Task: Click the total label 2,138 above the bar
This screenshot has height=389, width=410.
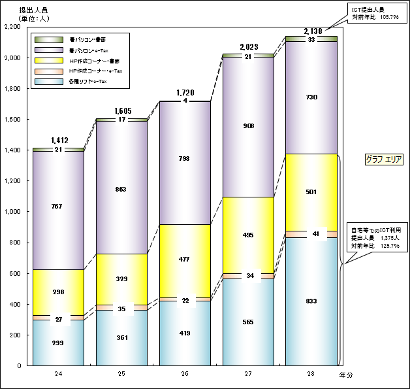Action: coord(311,31)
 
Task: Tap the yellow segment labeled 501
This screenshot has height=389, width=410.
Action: coord(311,192)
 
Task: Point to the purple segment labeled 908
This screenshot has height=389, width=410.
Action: coord(248,126)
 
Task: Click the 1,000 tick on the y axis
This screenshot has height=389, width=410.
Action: coord(12,212)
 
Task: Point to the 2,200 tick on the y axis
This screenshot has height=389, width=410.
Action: coord(12,27)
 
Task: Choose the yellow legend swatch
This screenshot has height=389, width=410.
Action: coord(48,60)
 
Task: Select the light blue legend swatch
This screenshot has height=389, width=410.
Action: coord(48,81)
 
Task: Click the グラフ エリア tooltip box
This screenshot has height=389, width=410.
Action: coord(385,159)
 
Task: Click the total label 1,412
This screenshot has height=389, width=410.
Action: coord(59,141)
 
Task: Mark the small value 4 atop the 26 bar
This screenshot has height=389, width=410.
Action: coord(185,101)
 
